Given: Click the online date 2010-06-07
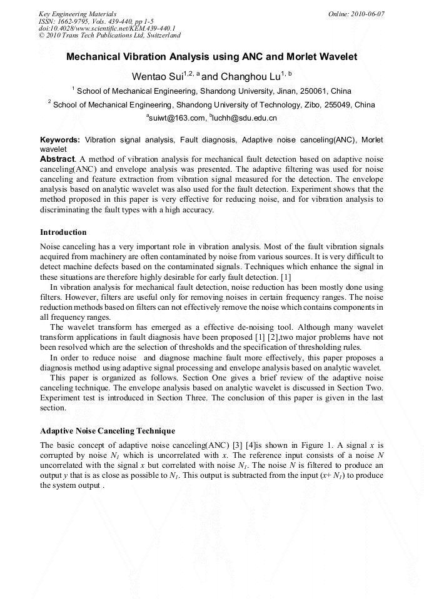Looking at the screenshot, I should coord(366,13).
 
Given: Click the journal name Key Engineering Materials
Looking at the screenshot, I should coord(78,13).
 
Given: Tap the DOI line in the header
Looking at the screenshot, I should coord(106,28).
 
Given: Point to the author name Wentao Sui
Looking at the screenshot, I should coord(156,77).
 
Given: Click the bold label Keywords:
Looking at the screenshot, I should coord(60,140).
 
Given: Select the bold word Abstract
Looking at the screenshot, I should coord(57,159).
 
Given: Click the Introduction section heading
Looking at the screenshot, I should coord(63,232).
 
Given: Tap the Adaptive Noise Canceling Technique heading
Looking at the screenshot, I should coord(108,431).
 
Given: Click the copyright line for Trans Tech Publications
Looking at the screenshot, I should coord(109,36).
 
